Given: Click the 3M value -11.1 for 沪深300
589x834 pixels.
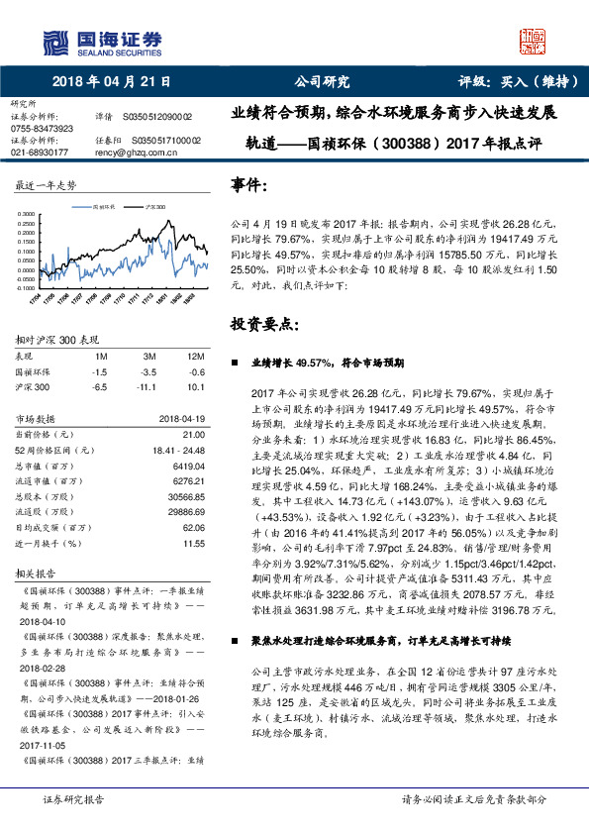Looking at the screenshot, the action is tap(151, 386).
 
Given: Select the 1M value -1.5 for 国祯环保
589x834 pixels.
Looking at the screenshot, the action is tap(99, 370).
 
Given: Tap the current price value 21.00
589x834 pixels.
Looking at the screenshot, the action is tap(194, 434).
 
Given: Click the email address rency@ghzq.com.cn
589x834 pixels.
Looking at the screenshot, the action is tap(139, 153).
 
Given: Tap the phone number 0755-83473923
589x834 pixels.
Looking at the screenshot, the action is tap(42, 129).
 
